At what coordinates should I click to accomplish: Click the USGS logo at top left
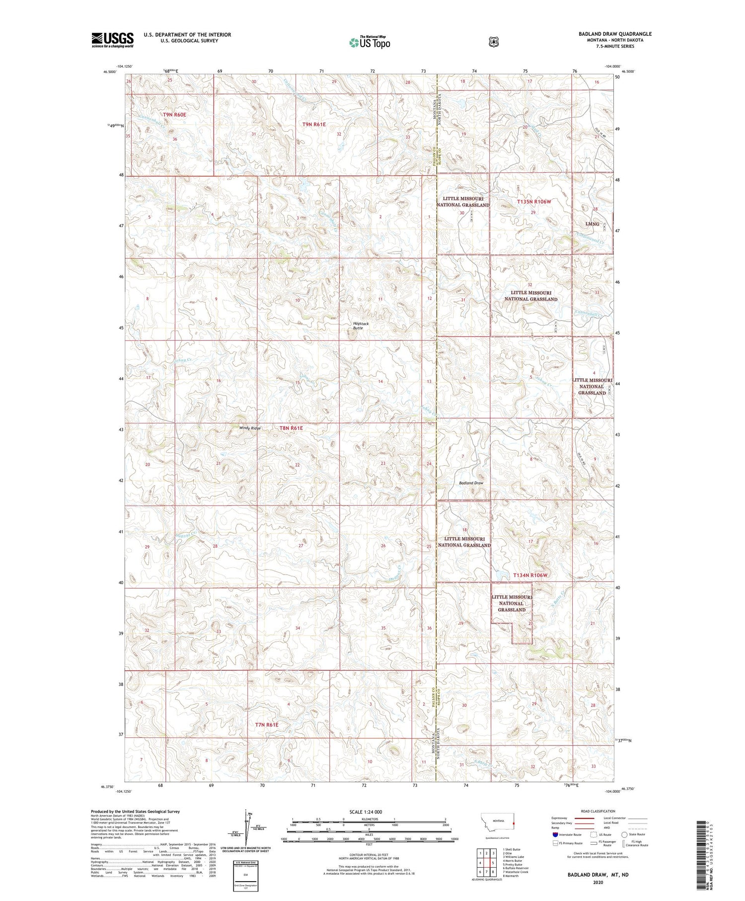click(112, 40)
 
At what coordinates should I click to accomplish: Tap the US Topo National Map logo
click(370, 42)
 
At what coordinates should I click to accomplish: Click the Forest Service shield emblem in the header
click(493, 42)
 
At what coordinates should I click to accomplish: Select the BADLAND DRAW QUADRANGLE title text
click(615, 34)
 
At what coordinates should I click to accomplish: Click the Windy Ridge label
click(250, 428)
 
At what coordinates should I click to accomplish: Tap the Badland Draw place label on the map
click(471, 483)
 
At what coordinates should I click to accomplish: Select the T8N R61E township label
click(291, 428)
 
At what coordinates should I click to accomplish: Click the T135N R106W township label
click(534, 202)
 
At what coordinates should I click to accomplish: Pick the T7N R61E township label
click(267, 725)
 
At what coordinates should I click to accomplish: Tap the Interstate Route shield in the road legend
click(555, 834)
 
